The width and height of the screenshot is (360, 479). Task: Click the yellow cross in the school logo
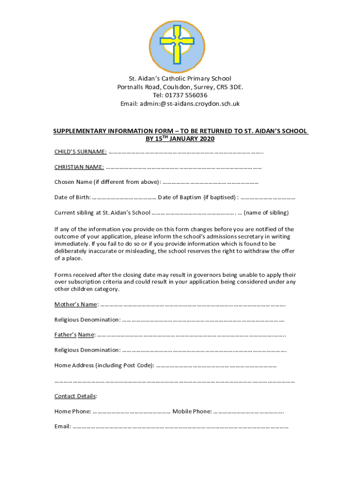point(177,41)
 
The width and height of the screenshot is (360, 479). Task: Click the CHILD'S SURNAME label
point(80,152)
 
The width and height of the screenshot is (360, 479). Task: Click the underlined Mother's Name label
point(76,305)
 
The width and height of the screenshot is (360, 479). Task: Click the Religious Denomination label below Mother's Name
point(87,320)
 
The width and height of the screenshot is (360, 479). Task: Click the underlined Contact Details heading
point(75,396)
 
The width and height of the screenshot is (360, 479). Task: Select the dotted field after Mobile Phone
point(249,412)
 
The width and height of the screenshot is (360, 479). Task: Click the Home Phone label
point(72,412)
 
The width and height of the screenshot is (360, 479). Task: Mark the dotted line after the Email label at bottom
point(180,427)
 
